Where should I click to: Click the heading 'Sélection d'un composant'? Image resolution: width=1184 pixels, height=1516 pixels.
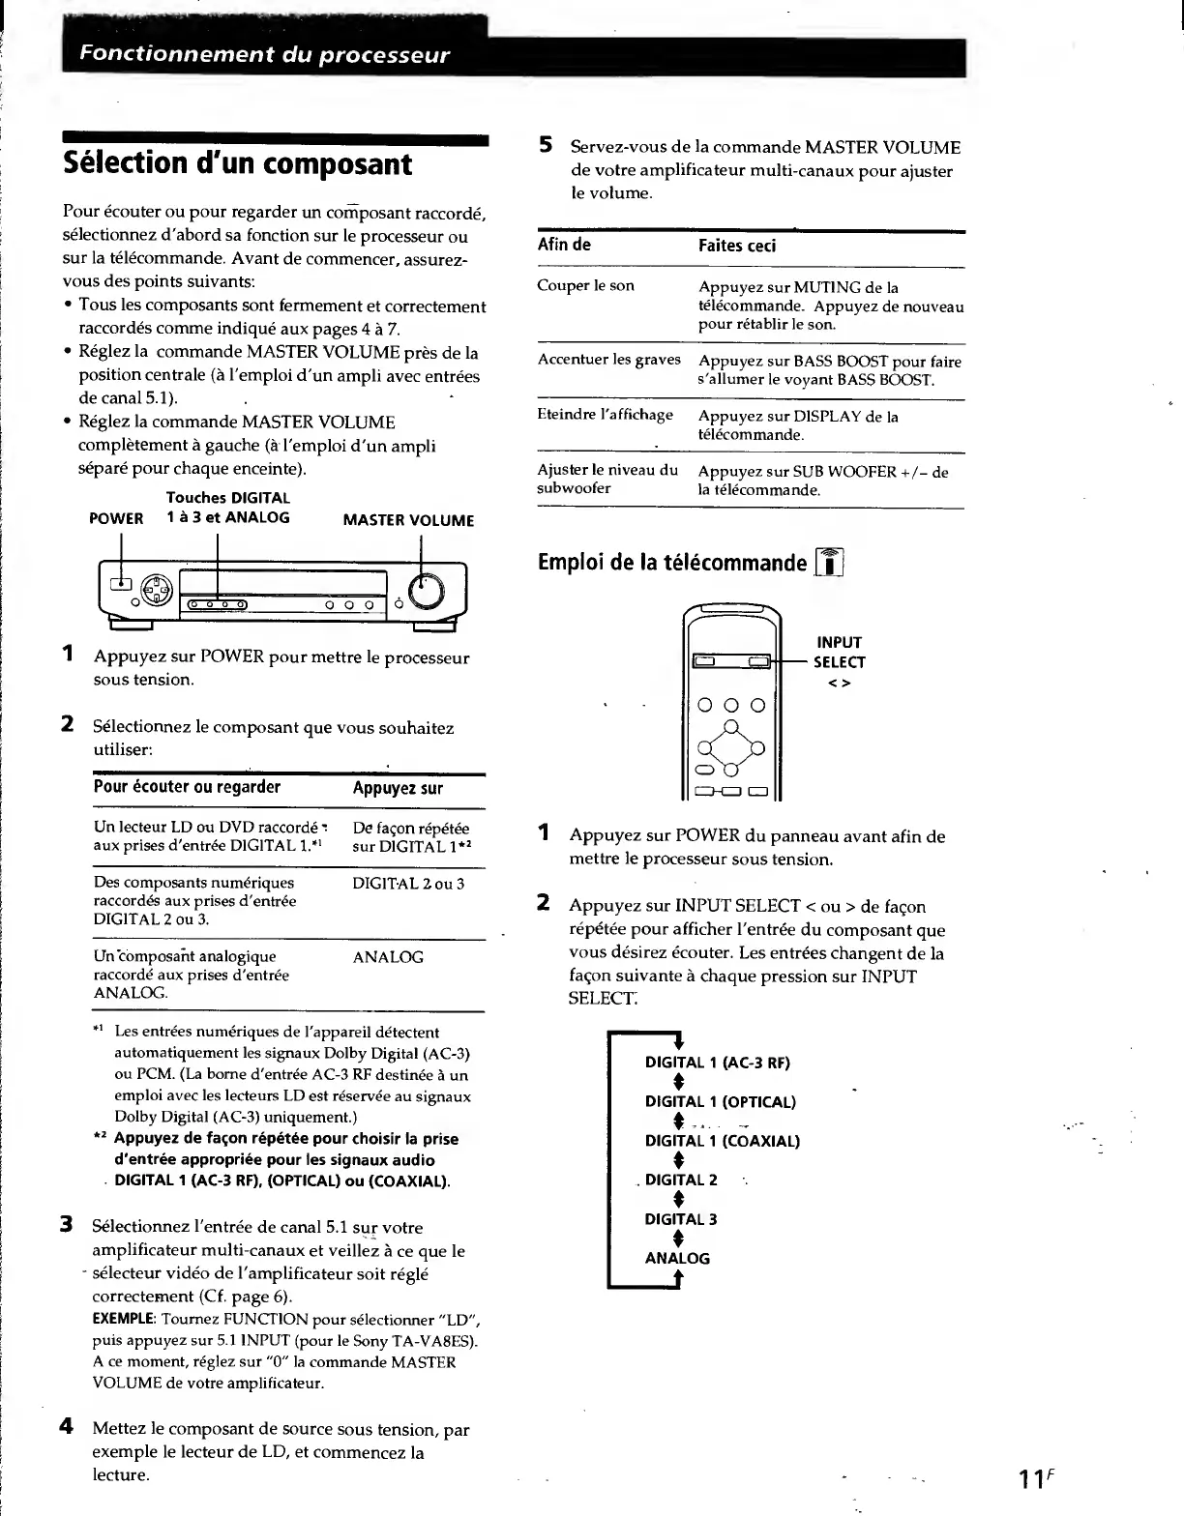[x=237, y=163]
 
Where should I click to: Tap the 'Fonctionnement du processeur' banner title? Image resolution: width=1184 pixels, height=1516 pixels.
[x=264, y=54]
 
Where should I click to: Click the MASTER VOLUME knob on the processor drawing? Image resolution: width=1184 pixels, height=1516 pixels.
[x=427, y=593]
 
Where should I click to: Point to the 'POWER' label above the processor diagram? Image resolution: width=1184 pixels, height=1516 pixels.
[x=116, y=518]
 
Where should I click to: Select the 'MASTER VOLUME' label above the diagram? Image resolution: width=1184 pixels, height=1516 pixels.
[x=408, y=520]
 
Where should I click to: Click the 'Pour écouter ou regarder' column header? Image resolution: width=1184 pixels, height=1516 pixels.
[x=187, y=787]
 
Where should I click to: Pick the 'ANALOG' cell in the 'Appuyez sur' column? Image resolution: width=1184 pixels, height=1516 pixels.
[x=388, y=957]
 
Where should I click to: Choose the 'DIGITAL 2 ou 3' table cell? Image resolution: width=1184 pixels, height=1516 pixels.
[x=408, y=883]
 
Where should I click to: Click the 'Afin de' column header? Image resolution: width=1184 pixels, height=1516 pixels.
[x=564, y=245]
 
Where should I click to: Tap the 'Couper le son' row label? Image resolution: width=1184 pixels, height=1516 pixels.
[x=586, y=286]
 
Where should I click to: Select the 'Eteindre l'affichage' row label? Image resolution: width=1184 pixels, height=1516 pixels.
[x=605, y=415]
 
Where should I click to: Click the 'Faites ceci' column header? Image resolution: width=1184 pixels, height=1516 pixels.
[x=737, y=246]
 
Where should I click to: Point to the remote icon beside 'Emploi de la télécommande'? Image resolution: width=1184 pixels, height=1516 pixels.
[x=830, y=562]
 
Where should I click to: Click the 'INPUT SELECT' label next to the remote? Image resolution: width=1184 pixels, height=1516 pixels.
[x=839, y=653]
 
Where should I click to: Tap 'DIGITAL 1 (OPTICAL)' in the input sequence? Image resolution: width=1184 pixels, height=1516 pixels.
[x=720, y=1102]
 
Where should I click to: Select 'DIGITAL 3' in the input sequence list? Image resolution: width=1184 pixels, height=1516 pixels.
[x=681, y=1219]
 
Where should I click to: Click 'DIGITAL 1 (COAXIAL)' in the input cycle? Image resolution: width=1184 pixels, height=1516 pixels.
[x=722, y=1141]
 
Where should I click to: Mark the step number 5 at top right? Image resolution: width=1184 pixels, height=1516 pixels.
[x=546, y=146]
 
